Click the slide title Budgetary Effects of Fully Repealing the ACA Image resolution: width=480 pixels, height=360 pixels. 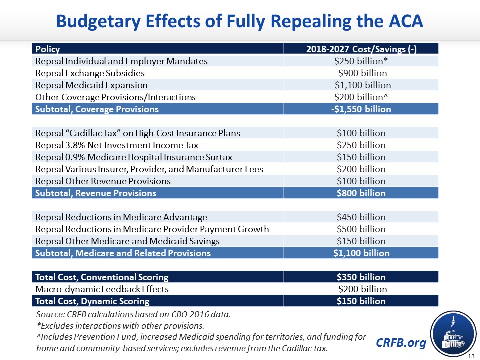tap(239, 21)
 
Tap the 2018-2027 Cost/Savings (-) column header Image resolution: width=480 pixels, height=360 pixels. tap(361, 49)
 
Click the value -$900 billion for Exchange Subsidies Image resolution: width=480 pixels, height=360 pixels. tap(361, 73)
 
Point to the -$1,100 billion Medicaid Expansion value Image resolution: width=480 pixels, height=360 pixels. tap(361, 85)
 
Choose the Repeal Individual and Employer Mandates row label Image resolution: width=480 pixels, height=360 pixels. tap(121, 61)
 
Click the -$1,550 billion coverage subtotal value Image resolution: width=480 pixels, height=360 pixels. tap(361, 109)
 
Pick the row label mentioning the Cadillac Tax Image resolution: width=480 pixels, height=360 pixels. tap(137, 133)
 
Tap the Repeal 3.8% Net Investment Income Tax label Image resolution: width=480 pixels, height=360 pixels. tap(117, 145)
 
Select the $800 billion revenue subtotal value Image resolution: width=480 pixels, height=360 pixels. tap(361, 193)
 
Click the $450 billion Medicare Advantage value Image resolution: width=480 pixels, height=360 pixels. tap(361, 217)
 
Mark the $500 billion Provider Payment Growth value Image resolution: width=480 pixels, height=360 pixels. tap(361, 229)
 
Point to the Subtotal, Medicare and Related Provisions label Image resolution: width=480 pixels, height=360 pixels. tap(123, 253)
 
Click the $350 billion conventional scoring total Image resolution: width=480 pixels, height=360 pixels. tap(361, 277)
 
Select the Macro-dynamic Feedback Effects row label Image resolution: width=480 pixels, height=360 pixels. tap(102, 289)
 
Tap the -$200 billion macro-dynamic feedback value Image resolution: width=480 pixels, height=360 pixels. tap(361, 289)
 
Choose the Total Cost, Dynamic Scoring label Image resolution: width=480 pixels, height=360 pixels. tap(92, 301)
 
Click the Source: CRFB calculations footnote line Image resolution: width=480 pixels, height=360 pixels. tap(134, 315)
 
